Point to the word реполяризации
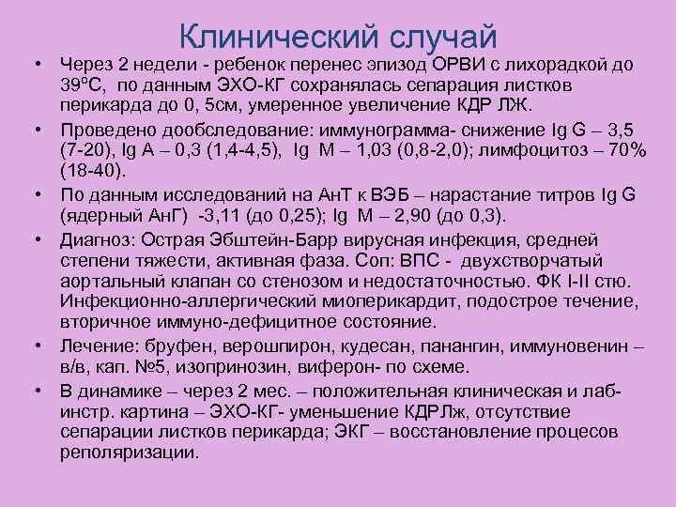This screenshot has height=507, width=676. (129, 451)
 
